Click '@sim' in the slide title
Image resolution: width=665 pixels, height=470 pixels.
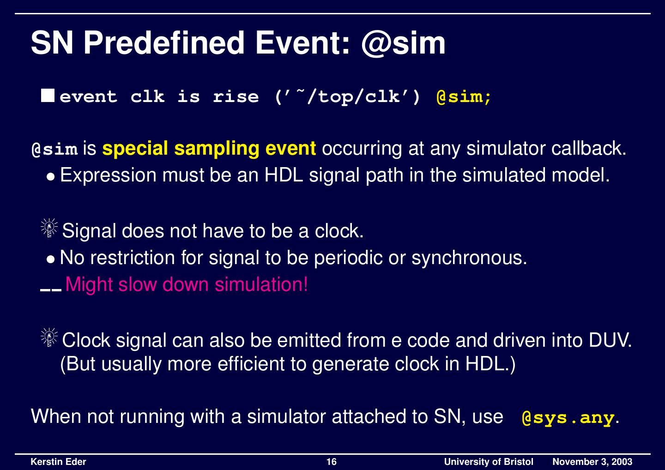coord(403,43)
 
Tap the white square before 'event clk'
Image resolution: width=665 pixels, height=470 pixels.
coord(48,96)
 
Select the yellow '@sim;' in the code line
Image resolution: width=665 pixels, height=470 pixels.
coord(464,97)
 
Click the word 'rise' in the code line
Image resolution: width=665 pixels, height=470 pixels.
coord(236,97)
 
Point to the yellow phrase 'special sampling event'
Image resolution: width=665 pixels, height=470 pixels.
coord(209,149)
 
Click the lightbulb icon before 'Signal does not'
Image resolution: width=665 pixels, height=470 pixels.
coord(48,229)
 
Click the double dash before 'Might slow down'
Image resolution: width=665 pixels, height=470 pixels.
coord(51,290)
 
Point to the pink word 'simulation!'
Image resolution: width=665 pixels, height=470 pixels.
coord(261,284)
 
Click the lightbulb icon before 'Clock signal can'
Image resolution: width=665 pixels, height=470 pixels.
coord(48,339)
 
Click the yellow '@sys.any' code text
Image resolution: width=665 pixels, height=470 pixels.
coord(568,418)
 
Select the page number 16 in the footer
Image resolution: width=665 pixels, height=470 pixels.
coord(332,462)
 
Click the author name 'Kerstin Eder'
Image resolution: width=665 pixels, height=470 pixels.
coord(58,462)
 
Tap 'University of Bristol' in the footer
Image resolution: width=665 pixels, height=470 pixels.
coord(488,462)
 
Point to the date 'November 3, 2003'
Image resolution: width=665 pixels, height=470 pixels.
coord(592,462)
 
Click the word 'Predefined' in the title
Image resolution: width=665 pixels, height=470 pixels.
coord(164,43)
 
